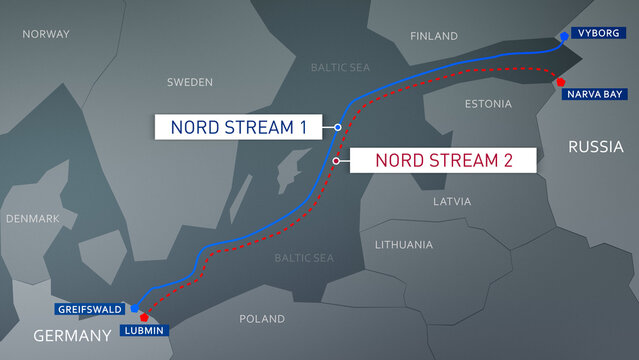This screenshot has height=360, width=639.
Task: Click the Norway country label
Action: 46,34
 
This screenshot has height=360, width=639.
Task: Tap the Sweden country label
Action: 190,82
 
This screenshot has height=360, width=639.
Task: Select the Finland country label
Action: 433,36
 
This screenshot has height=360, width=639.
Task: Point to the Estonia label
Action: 489,104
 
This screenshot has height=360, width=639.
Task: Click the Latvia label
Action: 452,201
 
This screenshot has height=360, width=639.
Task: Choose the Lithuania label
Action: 404,245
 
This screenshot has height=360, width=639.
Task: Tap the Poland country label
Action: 262,319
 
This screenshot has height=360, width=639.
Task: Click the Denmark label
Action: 33,218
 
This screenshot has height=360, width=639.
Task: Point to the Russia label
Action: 596,147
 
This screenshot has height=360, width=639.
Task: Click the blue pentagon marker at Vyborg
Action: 564,35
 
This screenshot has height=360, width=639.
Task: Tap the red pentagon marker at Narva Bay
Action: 561,82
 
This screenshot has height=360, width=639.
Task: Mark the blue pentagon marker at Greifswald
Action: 134,297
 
